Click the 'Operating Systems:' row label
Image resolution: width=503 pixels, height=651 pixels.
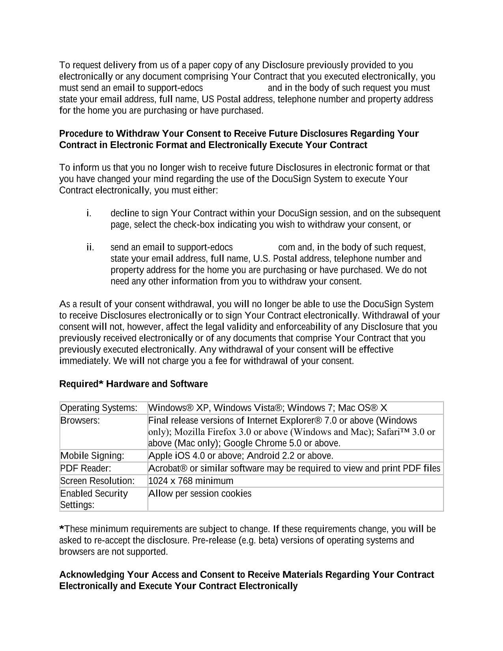(x=99, y=408)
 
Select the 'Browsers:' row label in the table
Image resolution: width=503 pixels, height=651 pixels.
(x=80, y=420)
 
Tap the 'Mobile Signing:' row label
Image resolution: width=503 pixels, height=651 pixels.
(x=92, y=456)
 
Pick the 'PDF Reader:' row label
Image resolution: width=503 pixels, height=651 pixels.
(x=86, y=469)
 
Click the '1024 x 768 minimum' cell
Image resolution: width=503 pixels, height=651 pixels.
(x=191, y=481)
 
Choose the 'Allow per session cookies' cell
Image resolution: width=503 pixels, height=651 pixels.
(x=200, y=493)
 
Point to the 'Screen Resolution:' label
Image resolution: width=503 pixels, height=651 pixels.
(x=97, y=481)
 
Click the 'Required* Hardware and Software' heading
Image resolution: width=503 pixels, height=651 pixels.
(x=133, y=384)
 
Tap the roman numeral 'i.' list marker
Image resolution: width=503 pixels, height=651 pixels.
(x=89, y=214)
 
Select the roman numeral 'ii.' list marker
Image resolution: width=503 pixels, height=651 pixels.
(x=90, y=248)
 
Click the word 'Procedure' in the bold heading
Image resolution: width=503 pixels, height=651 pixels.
(x=80, y=134)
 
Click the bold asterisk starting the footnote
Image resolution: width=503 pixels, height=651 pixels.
(x=62, y=529)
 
